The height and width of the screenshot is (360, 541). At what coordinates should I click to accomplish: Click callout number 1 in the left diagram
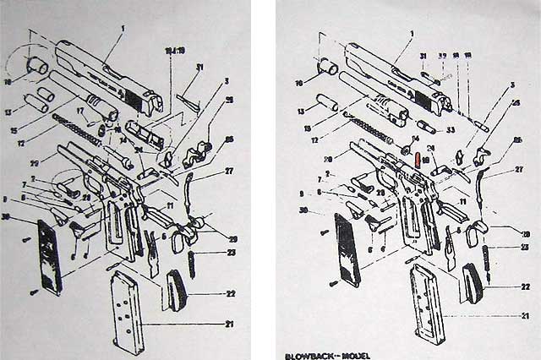pyautogui.click(x=122, y=29)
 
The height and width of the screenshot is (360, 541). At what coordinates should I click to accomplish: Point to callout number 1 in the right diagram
pyautogui.click(x=411, y=34)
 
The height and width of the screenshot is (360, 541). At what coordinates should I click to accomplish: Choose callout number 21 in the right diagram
pyautogui.click(x=525, y=317)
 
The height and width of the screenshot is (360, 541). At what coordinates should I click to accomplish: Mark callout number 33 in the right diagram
pyautogui.click(x=451, y=129)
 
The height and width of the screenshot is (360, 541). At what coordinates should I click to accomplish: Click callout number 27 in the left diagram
pyautogui.click(x=229, y=172)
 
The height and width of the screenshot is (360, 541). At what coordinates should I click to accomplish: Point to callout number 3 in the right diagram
pyautogui.click(x=511, y=85)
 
